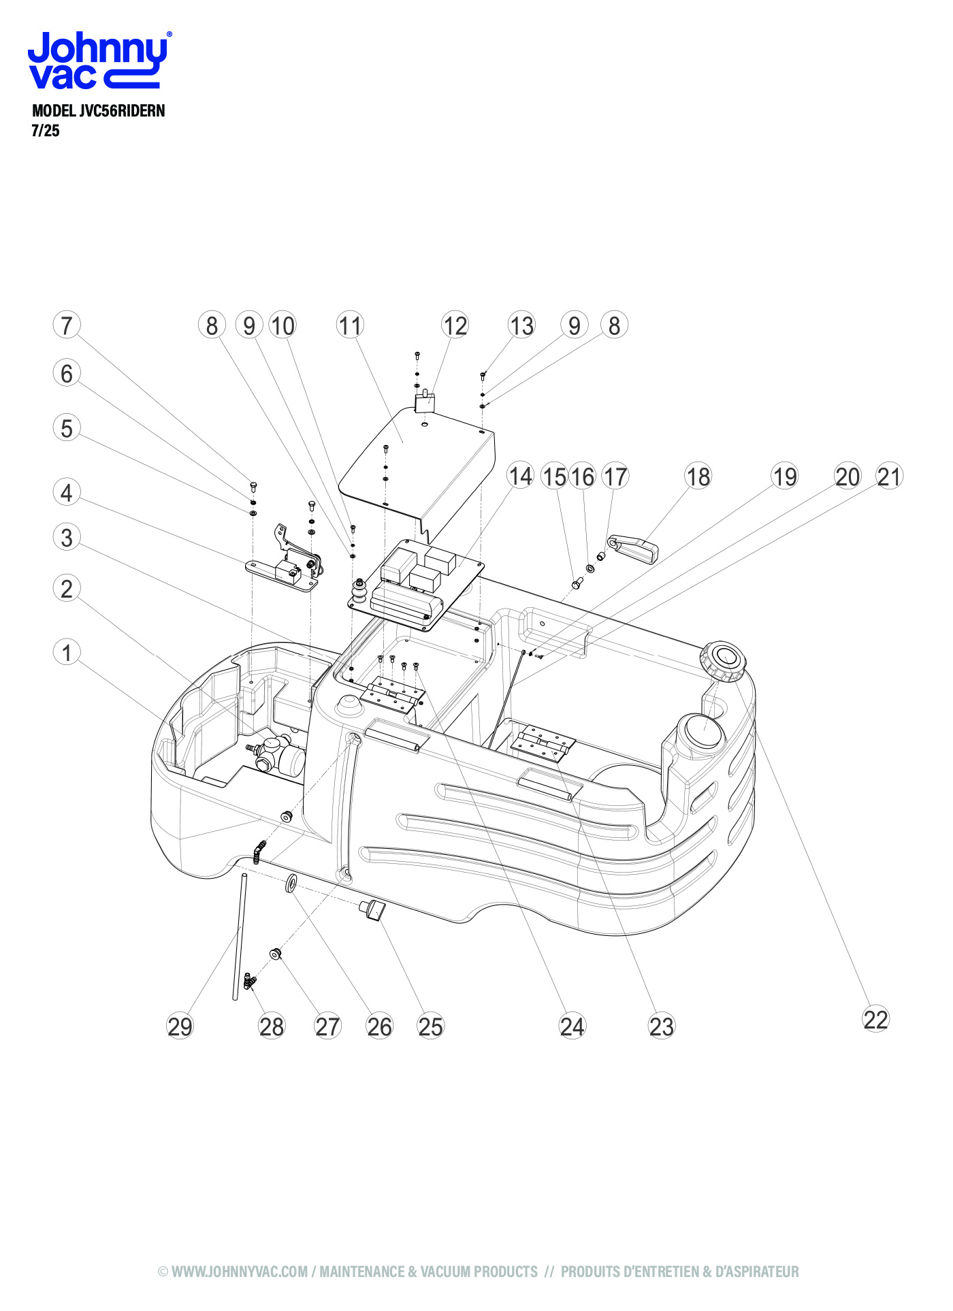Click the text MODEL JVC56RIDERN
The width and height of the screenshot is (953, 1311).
(x=99, y=111)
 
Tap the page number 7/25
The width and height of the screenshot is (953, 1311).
(x=46, y=131)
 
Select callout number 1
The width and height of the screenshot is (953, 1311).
(x=67, y=652)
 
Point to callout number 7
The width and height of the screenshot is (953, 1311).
(x=67, y=325)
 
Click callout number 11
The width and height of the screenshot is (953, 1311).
(x=350, y=325)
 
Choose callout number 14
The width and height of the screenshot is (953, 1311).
(x=521, y=476)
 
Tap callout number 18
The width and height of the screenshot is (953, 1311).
(x=698, y=476)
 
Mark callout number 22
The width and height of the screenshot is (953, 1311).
(x=875, y=1019)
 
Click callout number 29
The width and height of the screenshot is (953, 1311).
(x=180, y=1026)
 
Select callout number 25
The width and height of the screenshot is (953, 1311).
(x=430, y=1026)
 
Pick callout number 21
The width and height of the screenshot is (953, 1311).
(x=889, y=476)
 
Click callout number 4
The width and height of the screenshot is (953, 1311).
(x=67, y=492)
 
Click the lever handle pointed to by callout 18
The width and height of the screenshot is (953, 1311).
(x=636, y=549)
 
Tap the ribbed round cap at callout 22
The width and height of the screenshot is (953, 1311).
(x=723, y=660)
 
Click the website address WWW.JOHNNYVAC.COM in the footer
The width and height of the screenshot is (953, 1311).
(x=240, y=1272)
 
